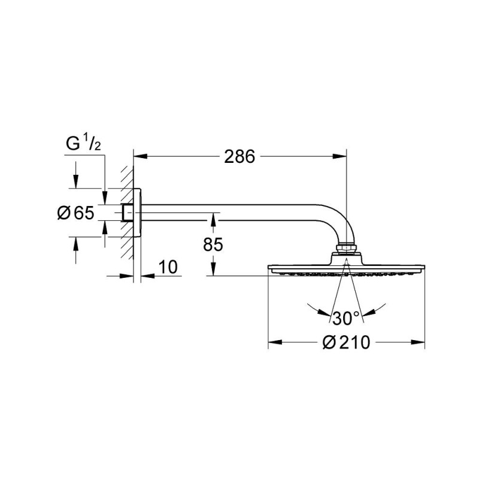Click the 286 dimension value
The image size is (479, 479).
pos(239,157)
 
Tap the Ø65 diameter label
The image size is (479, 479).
pos(76,212)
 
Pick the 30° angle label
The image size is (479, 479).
pos(346,317)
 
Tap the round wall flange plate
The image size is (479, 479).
pos(138,213)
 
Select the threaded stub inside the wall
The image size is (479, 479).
pos(127,213)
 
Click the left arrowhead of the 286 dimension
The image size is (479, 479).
pos(137,157)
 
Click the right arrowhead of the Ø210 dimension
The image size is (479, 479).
pos(420,343)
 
